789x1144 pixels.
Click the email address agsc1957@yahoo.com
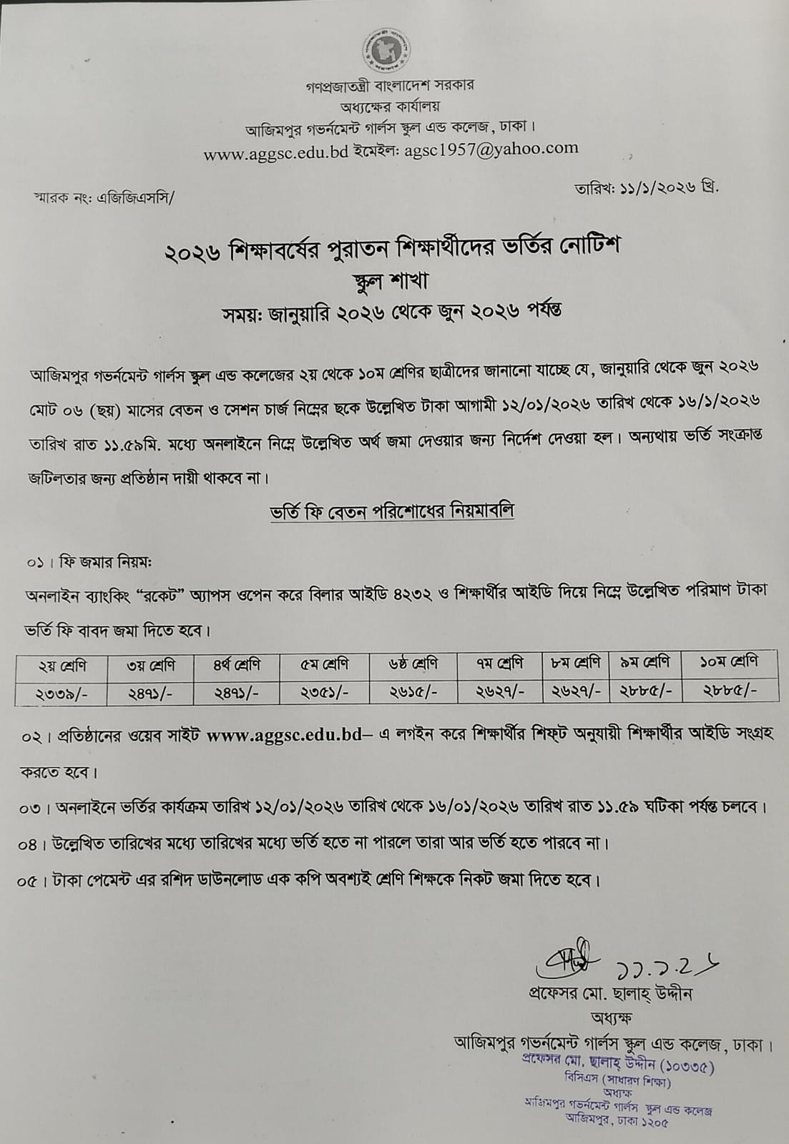point(491,149)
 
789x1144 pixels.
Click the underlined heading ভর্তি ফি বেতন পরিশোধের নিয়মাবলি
point(392,512)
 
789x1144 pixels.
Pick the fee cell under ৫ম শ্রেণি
point(325,692)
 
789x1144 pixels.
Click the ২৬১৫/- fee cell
point(414,692)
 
